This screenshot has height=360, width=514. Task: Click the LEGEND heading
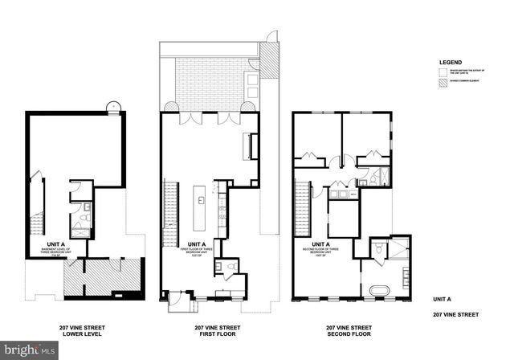[x=451, y=61]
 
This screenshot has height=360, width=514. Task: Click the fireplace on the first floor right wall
[x=254, y=146]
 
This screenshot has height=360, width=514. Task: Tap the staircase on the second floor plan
[x=303, y=208]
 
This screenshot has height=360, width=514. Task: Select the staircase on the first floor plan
[x=169, y=208]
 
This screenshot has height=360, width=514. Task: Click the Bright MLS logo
[x=30, y=350]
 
